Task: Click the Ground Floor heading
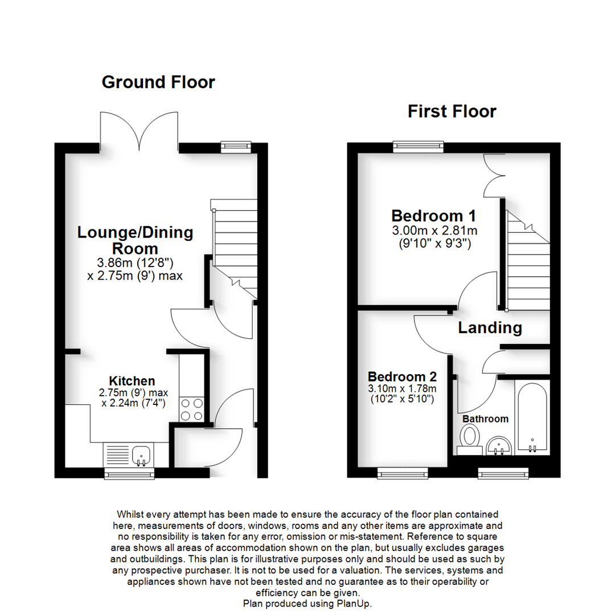click(158, 82)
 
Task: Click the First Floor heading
click(452, 111)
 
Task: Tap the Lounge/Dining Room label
click(135, 240)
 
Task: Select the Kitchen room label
click(132, 381)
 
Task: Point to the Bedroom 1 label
click(433, 216)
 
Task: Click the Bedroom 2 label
click(402, 377)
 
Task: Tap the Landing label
click(490, 328)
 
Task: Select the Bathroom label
click(485, 419)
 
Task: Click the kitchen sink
click(141, 454)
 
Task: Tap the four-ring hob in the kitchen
click(192, 409)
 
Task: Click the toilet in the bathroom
click(470, 438)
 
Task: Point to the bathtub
click(532, 416)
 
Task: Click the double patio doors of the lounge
click(139, 132)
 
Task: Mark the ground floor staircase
click(234, 245)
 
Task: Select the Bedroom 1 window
click(418, 147)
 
